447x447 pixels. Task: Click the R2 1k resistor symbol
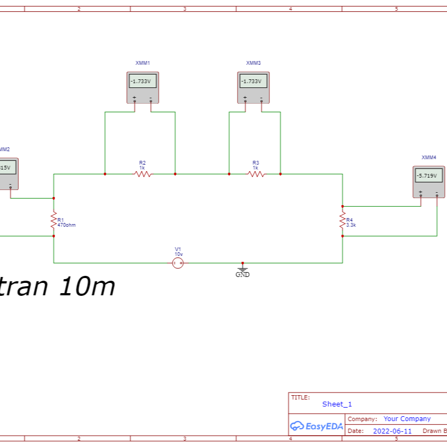point(143,174)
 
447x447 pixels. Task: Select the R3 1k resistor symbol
point(256,174)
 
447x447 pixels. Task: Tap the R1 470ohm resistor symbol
point(53,219)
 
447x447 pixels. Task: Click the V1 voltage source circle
point(178,263)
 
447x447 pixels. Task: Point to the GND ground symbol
point(242,269)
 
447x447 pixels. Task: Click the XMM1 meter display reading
point(143,82)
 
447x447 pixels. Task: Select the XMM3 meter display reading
point(253,82)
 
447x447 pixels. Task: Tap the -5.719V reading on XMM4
point(429,176)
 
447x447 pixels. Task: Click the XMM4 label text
point(429,157)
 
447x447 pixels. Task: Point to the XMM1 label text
point(143,63)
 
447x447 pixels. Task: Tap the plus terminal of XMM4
point(421,192)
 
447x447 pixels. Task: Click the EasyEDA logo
point(316,426)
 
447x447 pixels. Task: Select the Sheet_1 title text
point(337,404)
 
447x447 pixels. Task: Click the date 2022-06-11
point(392,431)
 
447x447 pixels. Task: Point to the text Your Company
point(407,418)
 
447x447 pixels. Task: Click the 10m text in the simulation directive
point(87,287)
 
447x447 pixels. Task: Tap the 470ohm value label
point(67,225)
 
